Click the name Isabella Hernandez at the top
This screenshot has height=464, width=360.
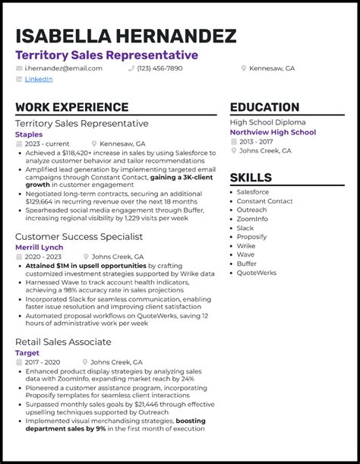pos(125,36)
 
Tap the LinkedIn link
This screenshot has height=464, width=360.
pos(38,79)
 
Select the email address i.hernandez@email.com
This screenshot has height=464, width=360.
pos(63,68)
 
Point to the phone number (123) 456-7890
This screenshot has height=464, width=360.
pos(159,68)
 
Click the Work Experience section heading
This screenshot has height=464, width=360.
pos(71,107)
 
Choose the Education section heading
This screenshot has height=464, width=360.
pos(264,107)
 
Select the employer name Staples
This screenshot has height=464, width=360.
pos(29,134)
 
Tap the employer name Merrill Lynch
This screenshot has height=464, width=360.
pos(39,247)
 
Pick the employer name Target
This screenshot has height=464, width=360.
pos(27,353)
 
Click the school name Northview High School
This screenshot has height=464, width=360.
pos(273,132)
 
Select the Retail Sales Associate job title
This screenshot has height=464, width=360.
pos(63,342)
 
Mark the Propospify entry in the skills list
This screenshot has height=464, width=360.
pos(251,237)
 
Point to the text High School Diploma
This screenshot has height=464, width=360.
pos(267,122)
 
